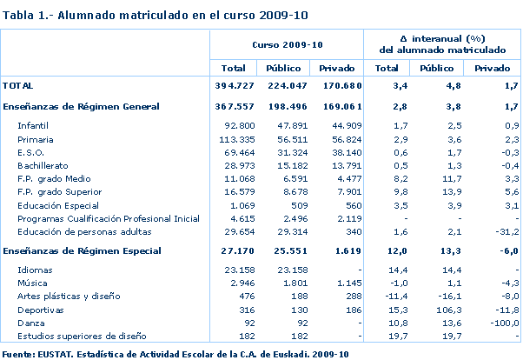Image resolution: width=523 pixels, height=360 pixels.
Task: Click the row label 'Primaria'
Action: point(36,139)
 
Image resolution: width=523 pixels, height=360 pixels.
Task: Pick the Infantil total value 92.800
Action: point(235,126)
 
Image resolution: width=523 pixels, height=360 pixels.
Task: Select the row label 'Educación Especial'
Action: point(56,204)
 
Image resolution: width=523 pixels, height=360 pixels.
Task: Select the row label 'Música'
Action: point(32,283)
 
